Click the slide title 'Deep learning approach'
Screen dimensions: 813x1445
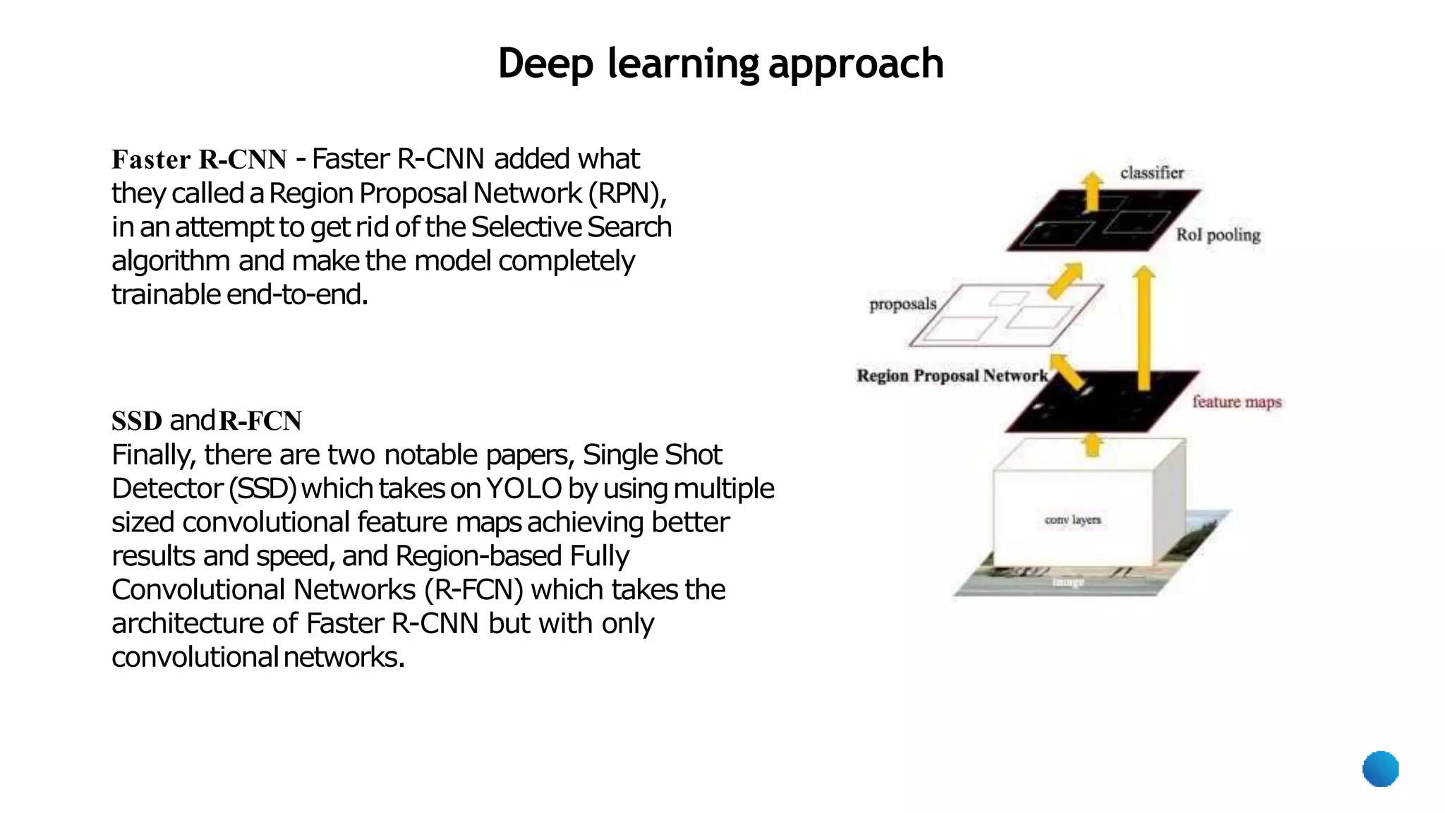[x=720, y=64]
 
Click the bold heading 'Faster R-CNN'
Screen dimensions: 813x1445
[x=199, y=159]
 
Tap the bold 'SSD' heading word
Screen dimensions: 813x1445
[x=137, y=421]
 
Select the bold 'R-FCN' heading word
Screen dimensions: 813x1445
[x=260, y=421]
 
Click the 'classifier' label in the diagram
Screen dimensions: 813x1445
[x=1151, y=173]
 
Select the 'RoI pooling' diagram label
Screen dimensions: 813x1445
[x=1218, y=235]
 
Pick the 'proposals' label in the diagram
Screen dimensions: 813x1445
[x=902, y=304]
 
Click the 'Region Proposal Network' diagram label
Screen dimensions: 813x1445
[x=952, y=375]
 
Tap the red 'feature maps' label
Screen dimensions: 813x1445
[x=1236, y=402]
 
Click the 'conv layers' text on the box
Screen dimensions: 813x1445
[x=1072, y=520]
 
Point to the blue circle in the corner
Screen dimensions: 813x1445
[x=1380, y=769]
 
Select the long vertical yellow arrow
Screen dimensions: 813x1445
[x=1144, y=328]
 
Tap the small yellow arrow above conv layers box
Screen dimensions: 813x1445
[x=1092, y=445]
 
